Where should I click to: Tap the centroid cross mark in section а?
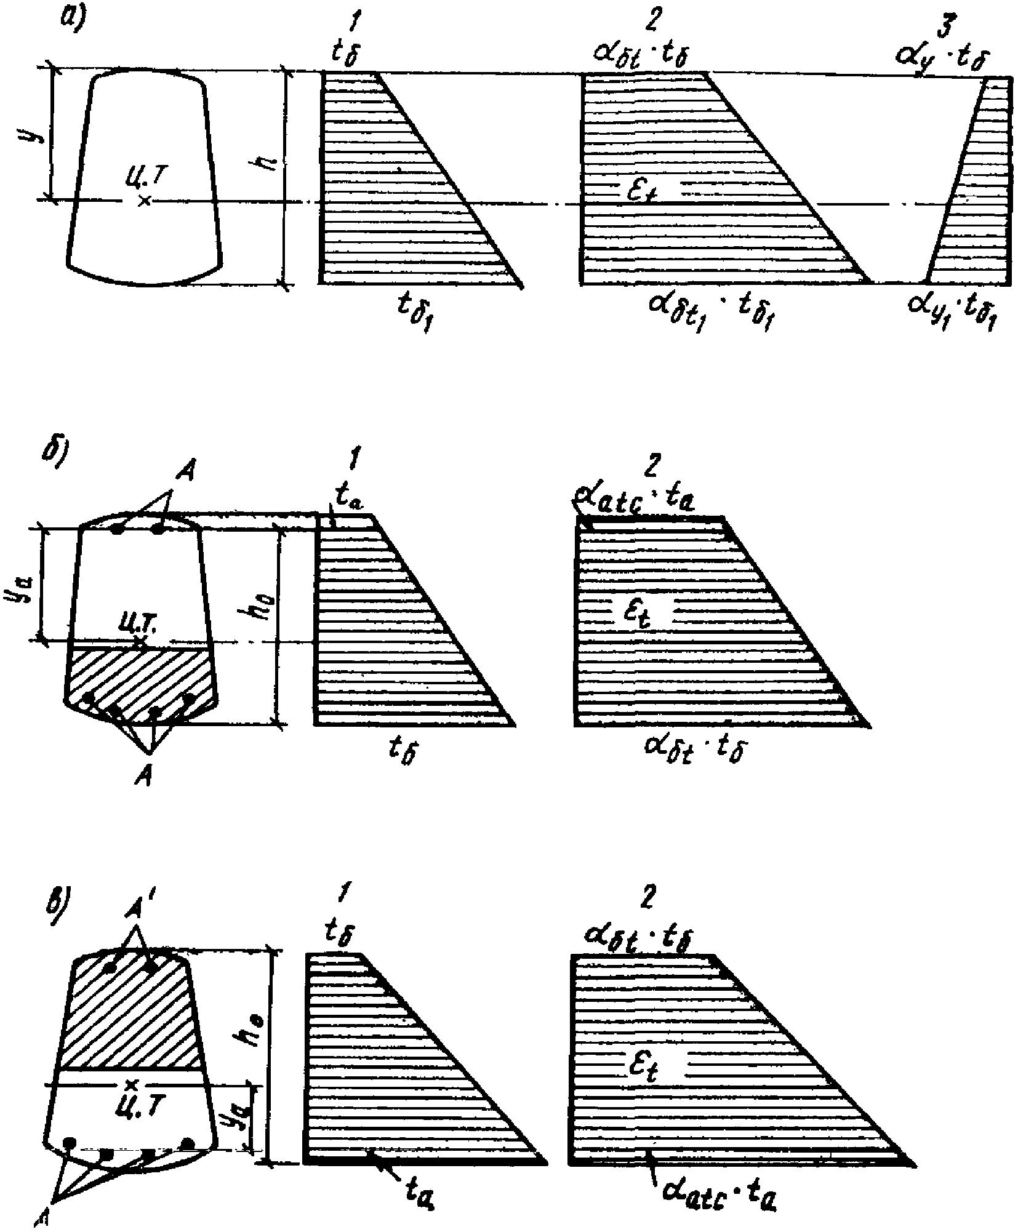click(144, 200)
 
